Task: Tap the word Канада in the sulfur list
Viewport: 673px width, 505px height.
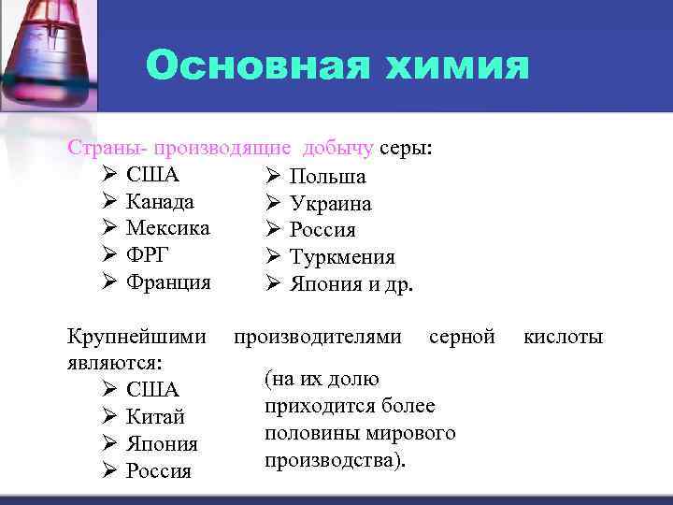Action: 161,202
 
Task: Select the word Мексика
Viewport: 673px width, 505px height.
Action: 168,228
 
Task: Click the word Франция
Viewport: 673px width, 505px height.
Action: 168,281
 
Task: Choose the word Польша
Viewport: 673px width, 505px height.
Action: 327,177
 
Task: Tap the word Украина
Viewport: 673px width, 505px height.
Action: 330,204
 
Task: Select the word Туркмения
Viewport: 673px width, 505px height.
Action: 342,257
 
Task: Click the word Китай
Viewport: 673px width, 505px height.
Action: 155,416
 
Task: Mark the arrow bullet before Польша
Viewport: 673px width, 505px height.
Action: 273,177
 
